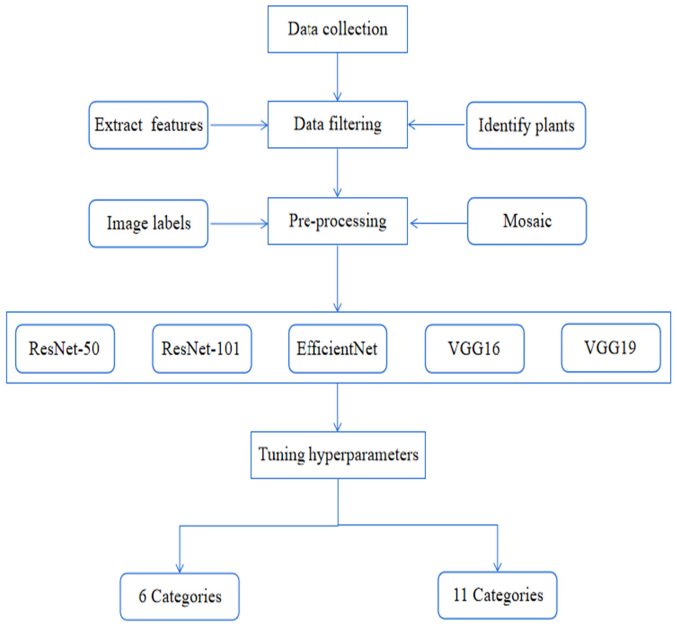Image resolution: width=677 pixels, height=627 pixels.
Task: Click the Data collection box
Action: click(x=337, y=29)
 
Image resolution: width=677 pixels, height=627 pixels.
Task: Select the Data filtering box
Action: click(x=337, y=124)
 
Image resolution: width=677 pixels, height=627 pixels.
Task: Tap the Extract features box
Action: click(x=148, y=125)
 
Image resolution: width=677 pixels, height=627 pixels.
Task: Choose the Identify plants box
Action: click(x=526, y=125)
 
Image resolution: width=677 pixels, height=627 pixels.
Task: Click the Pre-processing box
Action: click(x=337, y=221)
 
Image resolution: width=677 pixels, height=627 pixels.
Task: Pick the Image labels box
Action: click(x=148, y=223)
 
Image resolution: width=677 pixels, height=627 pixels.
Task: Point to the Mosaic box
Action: click(x=527, y=221)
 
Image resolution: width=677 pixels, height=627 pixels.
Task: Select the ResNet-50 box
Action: click(x=65, y=348)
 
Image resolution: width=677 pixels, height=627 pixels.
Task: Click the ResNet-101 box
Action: click(x=202, y=348)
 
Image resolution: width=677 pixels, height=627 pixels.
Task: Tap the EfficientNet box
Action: click(x=337, y=348)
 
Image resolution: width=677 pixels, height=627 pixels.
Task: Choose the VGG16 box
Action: click(x=474, y=348)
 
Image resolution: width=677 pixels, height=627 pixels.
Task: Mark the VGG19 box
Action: click(x=611, y=348)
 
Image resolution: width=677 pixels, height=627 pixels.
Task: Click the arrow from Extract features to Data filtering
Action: click(x=239, y=125)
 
